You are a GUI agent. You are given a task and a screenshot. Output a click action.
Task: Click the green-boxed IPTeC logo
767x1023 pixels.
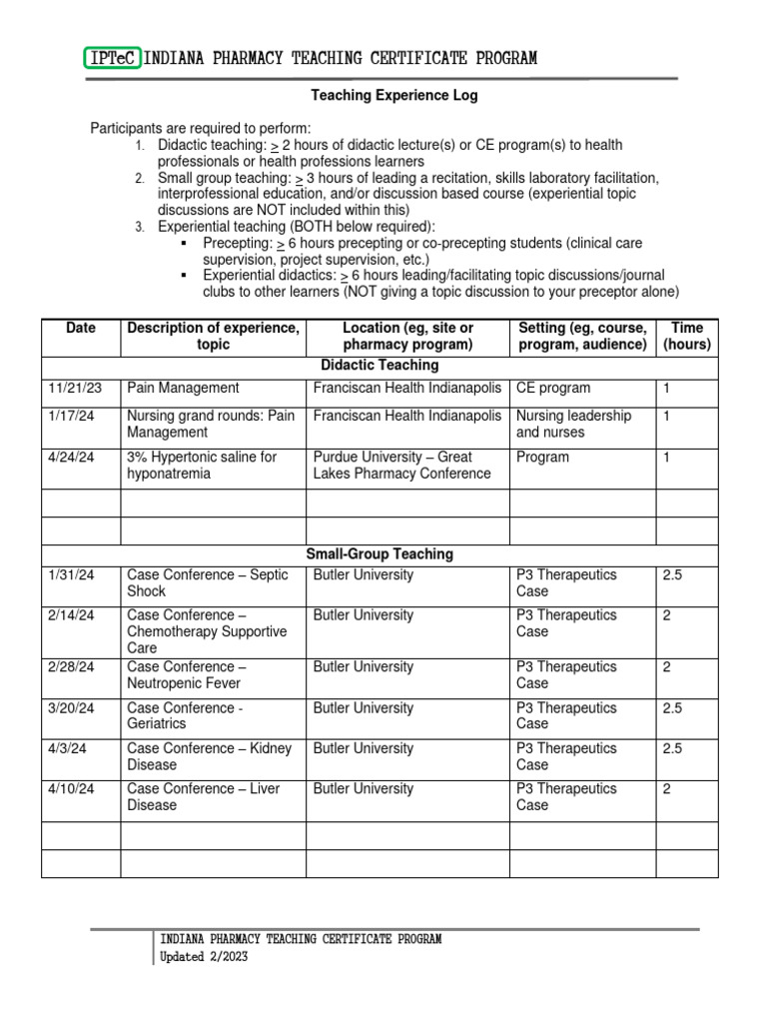tap(114, 59)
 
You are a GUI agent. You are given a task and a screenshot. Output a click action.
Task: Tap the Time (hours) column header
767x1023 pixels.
tap(686, 337)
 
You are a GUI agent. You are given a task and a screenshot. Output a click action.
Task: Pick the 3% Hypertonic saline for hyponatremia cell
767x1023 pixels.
tap(202, 466)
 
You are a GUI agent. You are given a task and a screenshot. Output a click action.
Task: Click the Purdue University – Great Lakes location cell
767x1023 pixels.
tap(402, 466)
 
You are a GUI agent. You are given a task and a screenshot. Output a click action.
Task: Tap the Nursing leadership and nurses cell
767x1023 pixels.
tap(573, 425)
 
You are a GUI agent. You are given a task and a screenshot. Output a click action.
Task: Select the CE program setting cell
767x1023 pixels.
tap(553, 389)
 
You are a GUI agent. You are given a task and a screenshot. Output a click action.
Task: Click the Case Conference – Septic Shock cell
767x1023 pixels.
tap(208, 583)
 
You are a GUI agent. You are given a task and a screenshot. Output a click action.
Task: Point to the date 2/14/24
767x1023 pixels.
tap(71, 616)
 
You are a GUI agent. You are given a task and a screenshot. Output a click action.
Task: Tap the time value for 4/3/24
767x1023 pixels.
tap(672, 749)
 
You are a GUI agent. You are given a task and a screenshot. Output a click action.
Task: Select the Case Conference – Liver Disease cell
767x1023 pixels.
tap(204, 797)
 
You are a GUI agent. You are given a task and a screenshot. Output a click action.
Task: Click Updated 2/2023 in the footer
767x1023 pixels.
tap(204, 957)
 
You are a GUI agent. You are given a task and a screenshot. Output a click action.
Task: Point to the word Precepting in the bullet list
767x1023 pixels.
tap(237, 244)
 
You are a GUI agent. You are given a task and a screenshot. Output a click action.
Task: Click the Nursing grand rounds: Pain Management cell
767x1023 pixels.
tap(211, 425)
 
